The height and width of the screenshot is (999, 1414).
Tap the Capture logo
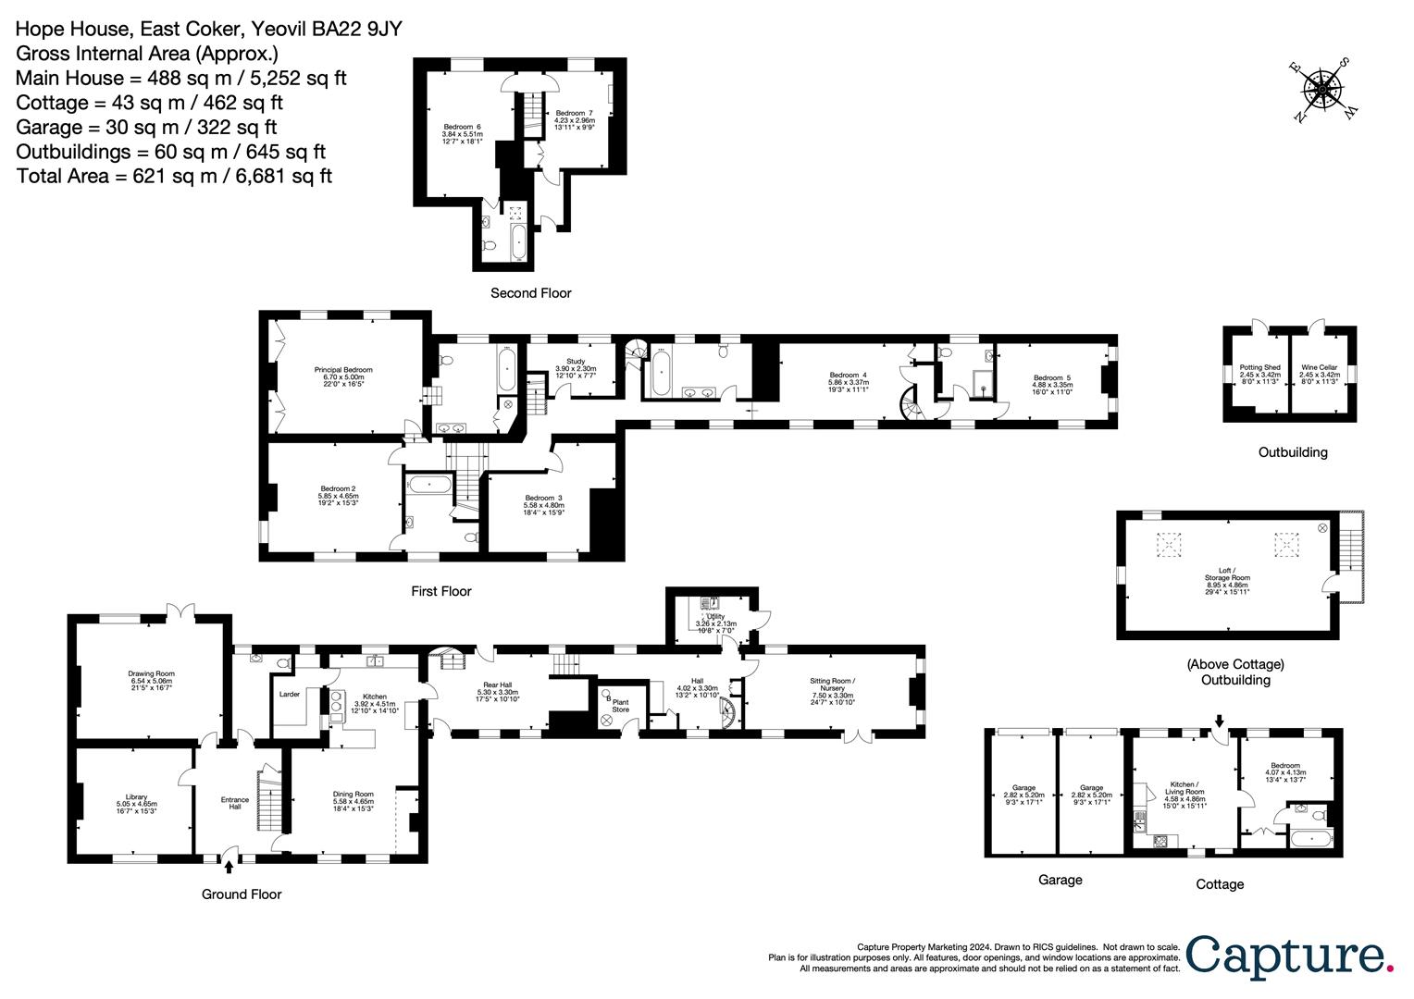[x=1288, y=956]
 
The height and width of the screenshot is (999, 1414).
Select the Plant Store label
[x=620, y=706]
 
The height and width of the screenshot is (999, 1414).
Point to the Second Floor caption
[x=530, y=293]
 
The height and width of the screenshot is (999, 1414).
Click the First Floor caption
[x=441, y=591]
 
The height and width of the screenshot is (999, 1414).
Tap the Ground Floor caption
[x=242, y=894]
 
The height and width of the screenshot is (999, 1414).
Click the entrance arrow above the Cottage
[x=1220, y=721]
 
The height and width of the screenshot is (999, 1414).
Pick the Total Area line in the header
[x=174, y=176]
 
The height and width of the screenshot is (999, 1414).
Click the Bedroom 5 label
[x=1052, y=381]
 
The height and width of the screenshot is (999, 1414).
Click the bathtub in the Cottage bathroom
[x=1309, y=841]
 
